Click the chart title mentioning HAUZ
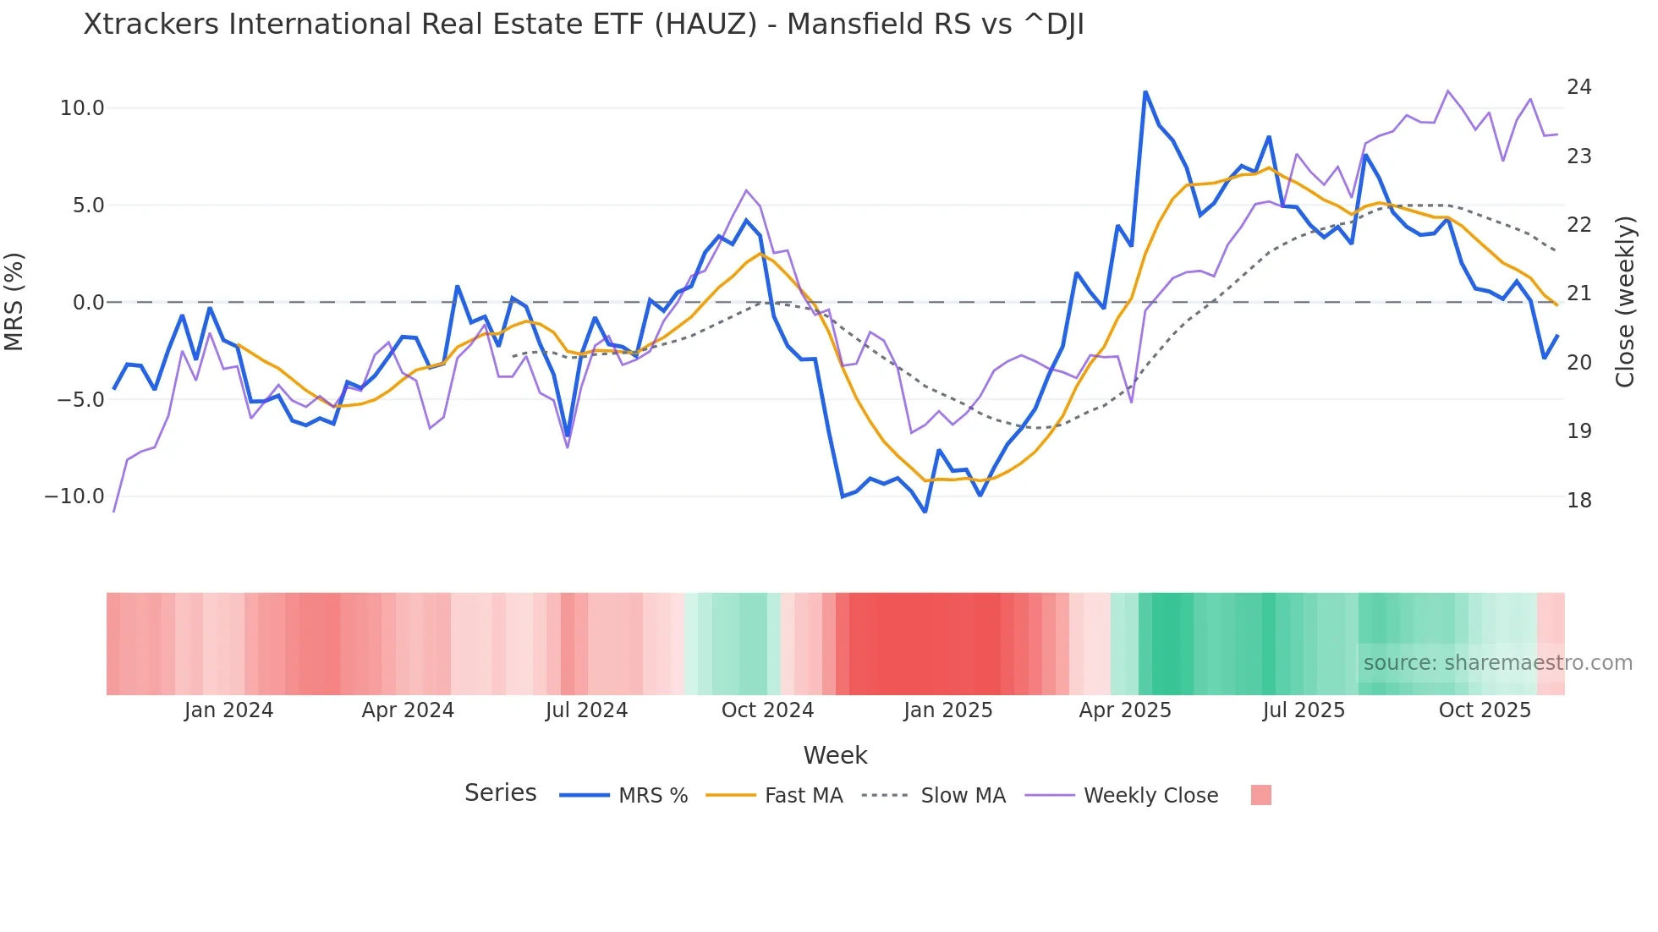pyautogui.click(x=584, y=25)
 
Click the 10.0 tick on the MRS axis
pyautogui.click(x=81, y=108)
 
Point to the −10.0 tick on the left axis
pyautogui.click(x=74, y=496)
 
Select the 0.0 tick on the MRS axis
pyautogui.click(x=88, y=303)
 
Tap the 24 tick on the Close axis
pyautogui.click(x=1578, y=87)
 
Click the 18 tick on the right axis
pyautogui.click(x=1578, y=501)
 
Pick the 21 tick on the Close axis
pyautogui.click(x=1578, y=293)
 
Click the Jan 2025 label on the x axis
pyautogui.click(x=947, y=710)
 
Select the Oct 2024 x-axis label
pyautogui.click(x=767, y=710)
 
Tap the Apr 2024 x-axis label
pyautogui.click(x=408, y=710)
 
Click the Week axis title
pyautogui.click(x=835, y=755)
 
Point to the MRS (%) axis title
pyautogui.click(x=14, y=302)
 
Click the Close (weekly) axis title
pyautogui.click(x=1624, y=302)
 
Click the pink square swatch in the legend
pyautogui.click(x=1260, y=795)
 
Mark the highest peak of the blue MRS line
pyautogui.click(x=1145, y=92)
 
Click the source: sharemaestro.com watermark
pyautogui.click(x=1497, y=663)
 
